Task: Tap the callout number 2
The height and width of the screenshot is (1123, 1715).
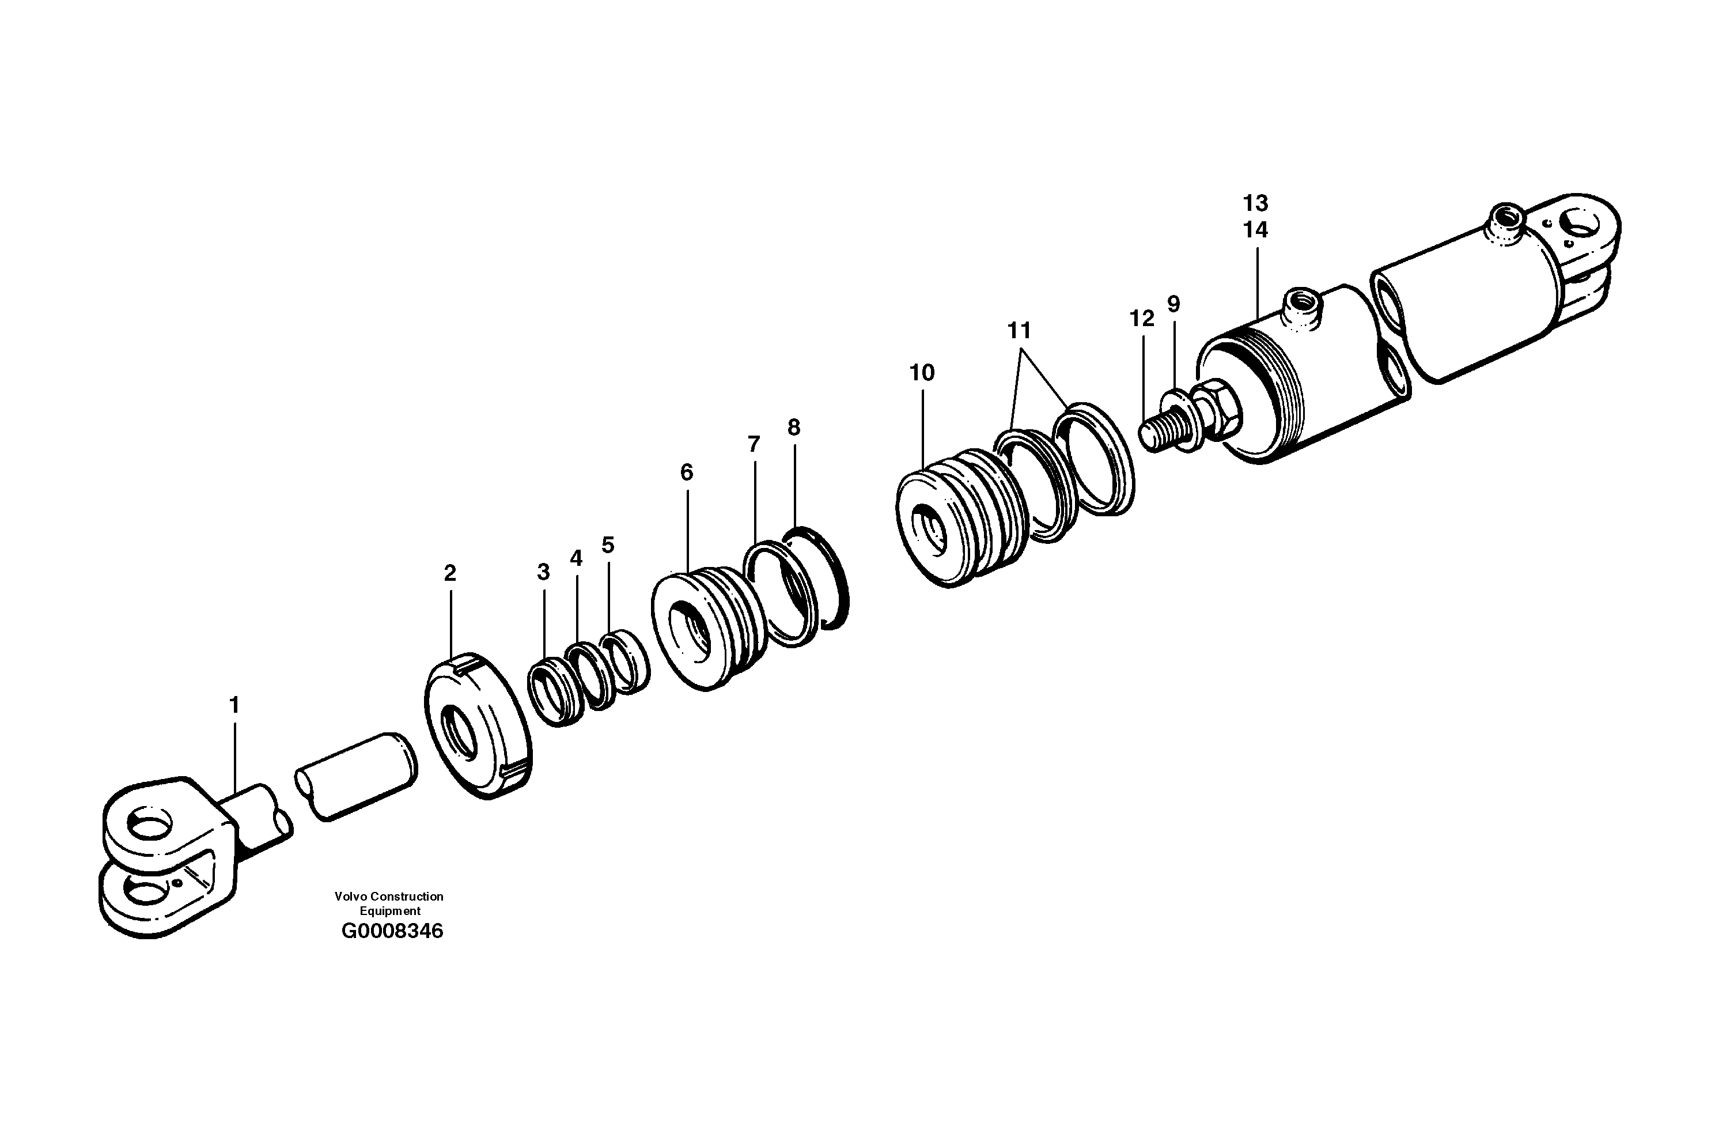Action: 450,574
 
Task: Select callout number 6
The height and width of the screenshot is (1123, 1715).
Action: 686,473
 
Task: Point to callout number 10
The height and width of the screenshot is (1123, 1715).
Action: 922,373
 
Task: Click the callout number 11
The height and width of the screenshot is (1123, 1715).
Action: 1019,331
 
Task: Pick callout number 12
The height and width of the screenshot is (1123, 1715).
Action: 1141,319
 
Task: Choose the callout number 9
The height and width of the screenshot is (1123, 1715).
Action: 1174,304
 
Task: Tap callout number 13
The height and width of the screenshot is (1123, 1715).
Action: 1255,203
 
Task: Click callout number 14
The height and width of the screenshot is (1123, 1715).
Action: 1255,230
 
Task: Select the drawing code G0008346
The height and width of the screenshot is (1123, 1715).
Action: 392,931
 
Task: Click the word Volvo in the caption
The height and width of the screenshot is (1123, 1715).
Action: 350,897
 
